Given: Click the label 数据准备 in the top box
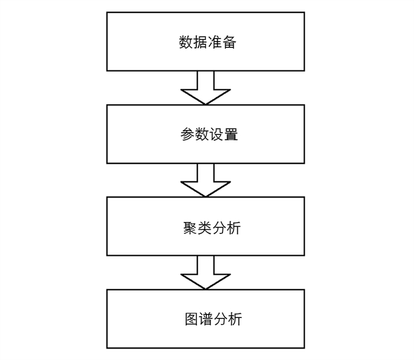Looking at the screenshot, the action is pyautogui.click(x=208, y=42).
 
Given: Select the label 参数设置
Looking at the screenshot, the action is pyautogui.click(x=209, y=134).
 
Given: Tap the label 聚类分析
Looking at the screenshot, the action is pyautogui.click(x=212, y=228).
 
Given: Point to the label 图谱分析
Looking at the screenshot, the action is pyautogui.click(x=214, y=319).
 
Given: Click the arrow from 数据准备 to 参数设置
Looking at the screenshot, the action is pyautogui.click(x=205, y=88).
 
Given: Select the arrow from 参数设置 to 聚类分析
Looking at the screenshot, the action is pyautogui.click(x=205, y=180).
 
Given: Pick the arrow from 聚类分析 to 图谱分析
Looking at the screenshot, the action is pyautogui.click(x=205, y=272).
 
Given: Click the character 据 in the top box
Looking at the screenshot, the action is pyautogui.click(x=200, y=42).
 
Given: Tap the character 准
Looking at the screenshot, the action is pyautogui.click(x=215, y=42).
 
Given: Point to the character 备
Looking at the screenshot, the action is pyautogui.click(x=229, y=42).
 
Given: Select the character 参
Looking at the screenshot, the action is pyautogui.click(x=187, y=134).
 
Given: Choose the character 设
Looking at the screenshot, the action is pyautogui.click(x=216, y=134).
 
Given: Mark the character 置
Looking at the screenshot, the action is pyautogui.click(x=231, y=134).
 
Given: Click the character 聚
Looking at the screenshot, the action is pyautogui.click(x=190, y=228).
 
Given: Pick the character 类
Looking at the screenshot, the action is pyautogui.click(x=205, y=228).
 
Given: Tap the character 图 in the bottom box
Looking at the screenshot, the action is pyautogui.click(x=192, y=319).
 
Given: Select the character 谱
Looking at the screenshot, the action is pyautogui.click(x=206, y=319).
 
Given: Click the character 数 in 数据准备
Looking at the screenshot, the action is pyautogui.click(x=186, y=42).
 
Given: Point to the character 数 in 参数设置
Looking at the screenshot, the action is pyautogui.click(x=202, y=134).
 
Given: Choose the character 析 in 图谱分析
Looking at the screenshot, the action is pyautogui.click(x=235, y=319).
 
